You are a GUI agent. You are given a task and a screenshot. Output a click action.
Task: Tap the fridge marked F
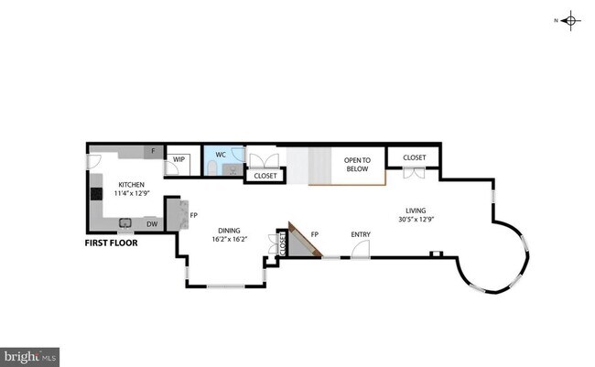tap(154, 151)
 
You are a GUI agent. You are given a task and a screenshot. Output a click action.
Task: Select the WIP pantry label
tap(179, 159)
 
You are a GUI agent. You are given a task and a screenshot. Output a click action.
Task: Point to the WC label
tap(220, 155)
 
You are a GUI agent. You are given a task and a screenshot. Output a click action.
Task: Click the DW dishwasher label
tap(152, 222)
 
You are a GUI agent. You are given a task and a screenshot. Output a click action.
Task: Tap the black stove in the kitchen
tap(96, 194)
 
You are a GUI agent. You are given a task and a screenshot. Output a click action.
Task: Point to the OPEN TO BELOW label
tap(355, 165)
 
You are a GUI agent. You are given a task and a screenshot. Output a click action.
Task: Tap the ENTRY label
tap(361, 234)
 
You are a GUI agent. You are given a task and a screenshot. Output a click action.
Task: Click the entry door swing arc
tap(362, 249)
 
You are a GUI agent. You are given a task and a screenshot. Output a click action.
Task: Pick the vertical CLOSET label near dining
tap(283, 243)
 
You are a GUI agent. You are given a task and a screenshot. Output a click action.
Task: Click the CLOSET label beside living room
tap(414, 157)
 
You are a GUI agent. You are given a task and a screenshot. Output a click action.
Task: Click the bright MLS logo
tap(30, 356)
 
